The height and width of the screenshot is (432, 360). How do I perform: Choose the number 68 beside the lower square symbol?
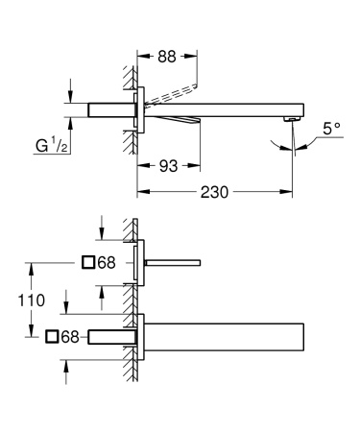coord(70,335)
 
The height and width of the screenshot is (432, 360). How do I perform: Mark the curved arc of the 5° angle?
coord(290,145)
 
